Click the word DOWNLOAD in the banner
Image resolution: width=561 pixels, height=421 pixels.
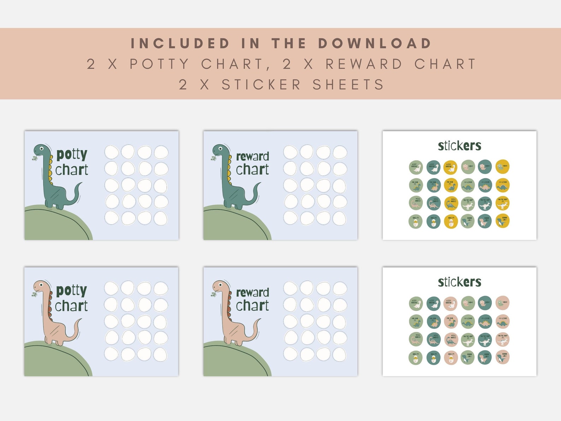(375, 43)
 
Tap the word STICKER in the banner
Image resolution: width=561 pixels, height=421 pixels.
(261, 85)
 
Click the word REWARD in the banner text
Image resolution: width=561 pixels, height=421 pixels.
(364, 64)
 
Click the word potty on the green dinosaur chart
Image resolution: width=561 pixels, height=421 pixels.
(72, 155)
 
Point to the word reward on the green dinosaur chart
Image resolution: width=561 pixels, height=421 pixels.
(252, 156)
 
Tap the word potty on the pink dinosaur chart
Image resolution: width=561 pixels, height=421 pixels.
(71, 291)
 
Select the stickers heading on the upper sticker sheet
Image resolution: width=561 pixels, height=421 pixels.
(459, 146)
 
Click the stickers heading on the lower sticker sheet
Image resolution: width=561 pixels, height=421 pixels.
(459, 282)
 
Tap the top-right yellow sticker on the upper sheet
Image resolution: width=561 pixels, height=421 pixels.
(502, 166)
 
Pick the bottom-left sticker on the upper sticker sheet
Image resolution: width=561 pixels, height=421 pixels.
(416, 222)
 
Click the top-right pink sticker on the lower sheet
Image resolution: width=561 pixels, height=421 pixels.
(502, 303)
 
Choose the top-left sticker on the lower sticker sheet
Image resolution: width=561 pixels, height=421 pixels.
(416, 303)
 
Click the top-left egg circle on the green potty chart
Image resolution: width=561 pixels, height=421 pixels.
(112, 153)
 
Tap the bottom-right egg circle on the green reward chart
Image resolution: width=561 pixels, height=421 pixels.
(339, 218)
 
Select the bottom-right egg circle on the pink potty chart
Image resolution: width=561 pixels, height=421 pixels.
(160, 354)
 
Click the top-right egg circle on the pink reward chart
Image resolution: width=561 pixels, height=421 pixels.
(340, 288)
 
